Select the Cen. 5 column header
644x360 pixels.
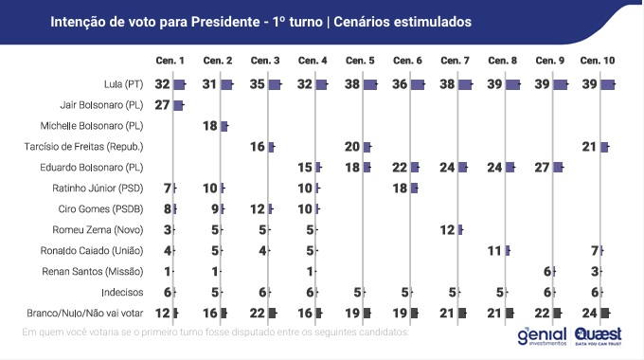360,62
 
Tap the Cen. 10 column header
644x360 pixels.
597,62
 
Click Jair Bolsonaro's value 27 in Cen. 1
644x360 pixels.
161,104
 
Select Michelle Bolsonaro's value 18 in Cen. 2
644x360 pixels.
210,125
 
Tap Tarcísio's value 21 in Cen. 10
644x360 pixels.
590,146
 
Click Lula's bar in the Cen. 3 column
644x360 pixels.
275,84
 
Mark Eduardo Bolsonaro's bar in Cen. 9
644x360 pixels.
558,167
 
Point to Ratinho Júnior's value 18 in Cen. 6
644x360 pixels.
400,188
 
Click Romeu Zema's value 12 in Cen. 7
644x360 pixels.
448,229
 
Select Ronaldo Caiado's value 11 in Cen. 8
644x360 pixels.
495,250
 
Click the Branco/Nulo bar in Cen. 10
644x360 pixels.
605,313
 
